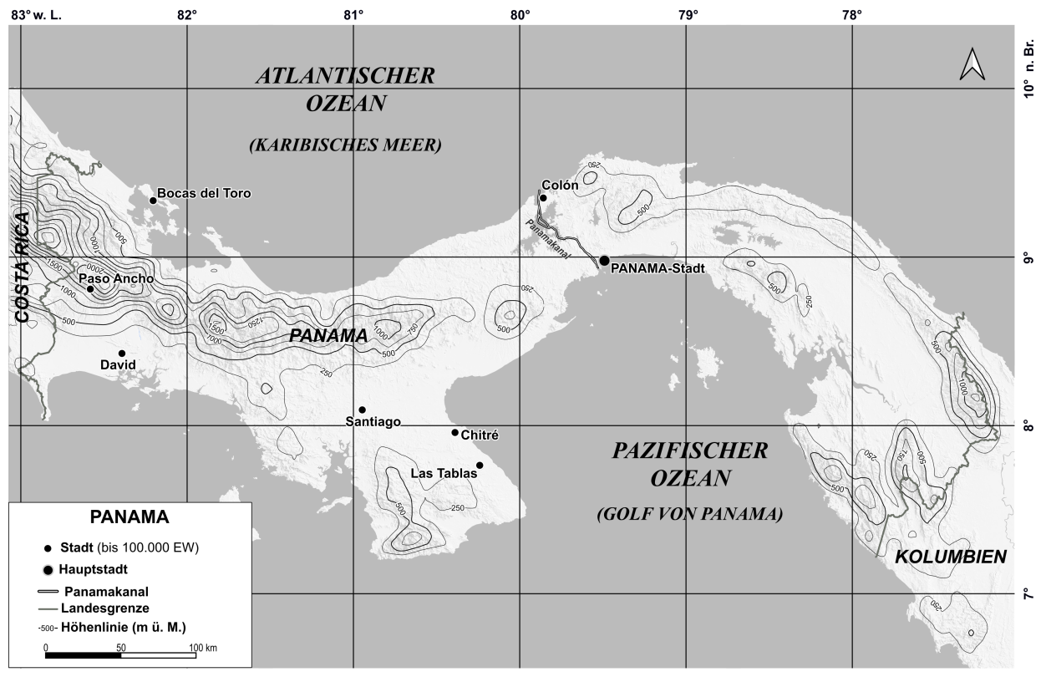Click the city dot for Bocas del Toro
click(x=153, y=200)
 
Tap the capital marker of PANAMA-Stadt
click(x=604, y=261)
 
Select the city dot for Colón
click(x=543, y=198)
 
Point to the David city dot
click(x=122, y=354)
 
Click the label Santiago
click(x=373, y=422)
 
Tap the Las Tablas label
click(x=444, y=473)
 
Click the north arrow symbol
click(x=972, y=64)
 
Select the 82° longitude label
click(x=187, y=15)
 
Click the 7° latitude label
click(x=1029, y=593)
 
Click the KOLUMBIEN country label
click(x=951, y=557)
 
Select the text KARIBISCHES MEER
click(x=344, y=145)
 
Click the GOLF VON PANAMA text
click(x=690, y=515)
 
